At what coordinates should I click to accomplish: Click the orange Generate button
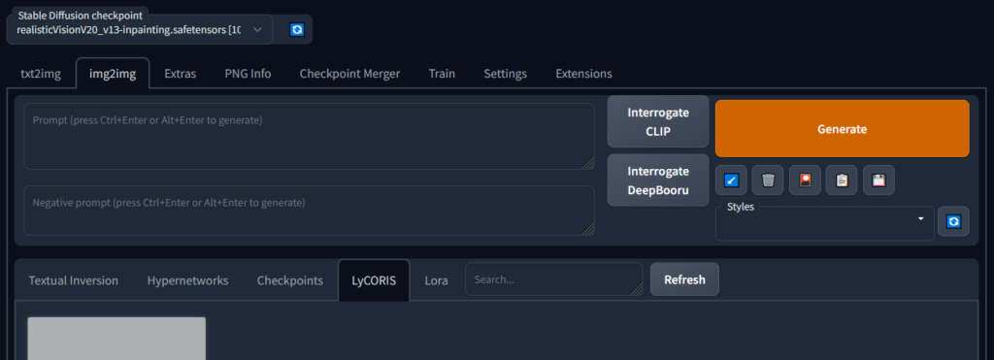(842, 128)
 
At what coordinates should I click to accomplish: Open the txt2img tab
(40, 74)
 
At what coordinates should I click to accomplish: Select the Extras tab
(180, 74)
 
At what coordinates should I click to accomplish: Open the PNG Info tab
(247, 74)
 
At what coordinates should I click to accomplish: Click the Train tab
(442, 74)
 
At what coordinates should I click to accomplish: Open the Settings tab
(505, 74)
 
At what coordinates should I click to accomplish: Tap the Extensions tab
(583, 74)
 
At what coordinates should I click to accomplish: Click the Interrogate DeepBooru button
(658, 180)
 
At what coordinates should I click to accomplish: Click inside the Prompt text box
(309, 137)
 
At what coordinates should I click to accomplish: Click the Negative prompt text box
(309, 211)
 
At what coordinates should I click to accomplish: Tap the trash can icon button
(768, 180)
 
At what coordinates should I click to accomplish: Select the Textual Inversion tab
(74, 280)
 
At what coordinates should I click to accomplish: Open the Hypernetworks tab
(187, 280)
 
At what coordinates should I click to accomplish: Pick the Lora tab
(436, 280)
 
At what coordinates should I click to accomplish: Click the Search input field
(553, 279)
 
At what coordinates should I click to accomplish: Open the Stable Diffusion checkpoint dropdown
(139, 30)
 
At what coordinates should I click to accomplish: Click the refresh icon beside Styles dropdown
(953, 222)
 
